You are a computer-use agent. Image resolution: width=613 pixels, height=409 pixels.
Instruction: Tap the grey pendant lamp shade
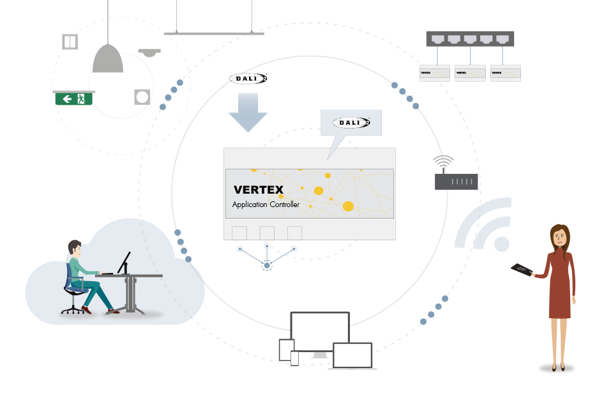click(108, 59)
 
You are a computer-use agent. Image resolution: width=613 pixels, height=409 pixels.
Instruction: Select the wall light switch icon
click(70, 42)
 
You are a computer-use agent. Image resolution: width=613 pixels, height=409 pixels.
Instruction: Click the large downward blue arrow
click(248, 112)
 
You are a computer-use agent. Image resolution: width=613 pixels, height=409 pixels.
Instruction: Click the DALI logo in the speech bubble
click(351, 121)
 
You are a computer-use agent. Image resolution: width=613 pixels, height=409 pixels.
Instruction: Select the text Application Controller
click(266, 204)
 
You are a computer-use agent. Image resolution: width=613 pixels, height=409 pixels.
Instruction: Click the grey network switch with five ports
click(470, 38)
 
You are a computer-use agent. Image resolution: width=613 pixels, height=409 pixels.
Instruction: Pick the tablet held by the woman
click(522, 270)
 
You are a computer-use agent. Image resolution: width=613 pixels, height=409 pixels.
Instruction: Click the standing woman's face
click(560, 238)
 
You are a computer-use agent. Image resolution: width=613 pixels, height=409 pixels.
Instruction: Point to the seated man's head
click(75, 249)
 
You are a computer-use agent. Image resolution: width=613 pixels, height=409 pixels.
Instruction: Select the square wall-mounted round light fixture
click(142, 97)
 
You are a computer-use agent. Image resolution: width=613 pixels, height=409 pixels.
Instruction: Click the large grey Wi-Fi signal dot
click(502, 243)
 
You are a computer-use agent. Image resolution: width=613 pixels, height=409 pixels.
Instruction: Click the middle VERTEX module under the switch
click(470, 73)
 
